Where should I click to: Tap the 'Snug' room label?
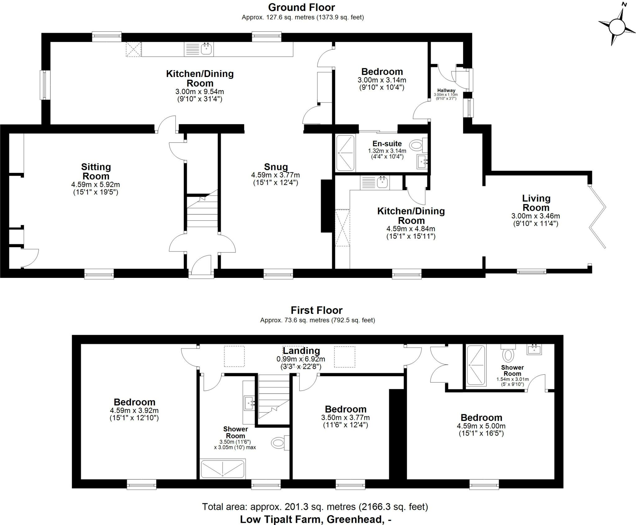pos(276,167)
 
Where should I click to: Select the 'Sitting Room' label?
pos(96,171)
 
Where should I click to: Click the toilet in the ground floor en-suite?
pos(416,145)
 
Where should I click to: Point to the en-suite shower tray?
pos(345,153)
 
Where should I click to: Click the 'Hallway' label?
pos(446,90)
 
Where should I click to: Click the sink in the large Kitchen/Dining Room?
pos(207,49)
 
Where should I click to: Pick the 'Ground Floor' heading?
pos(302,7)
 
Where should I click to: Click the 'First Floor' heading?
pos(316,310)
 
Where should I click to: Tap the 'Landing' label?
pos(301,351)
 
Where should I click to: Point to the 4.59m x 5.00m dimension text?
pos(481,426)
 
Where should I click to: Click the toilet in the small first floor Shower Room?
pos(508,355)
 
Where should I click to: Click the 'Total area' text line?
pos(315,507)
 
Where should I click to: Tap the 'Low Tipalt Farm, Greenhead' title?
pos(316,519)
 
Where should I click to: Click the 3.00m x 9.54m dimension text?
pos(199,92)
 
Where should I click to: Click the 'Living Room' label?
pos(536,203)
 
